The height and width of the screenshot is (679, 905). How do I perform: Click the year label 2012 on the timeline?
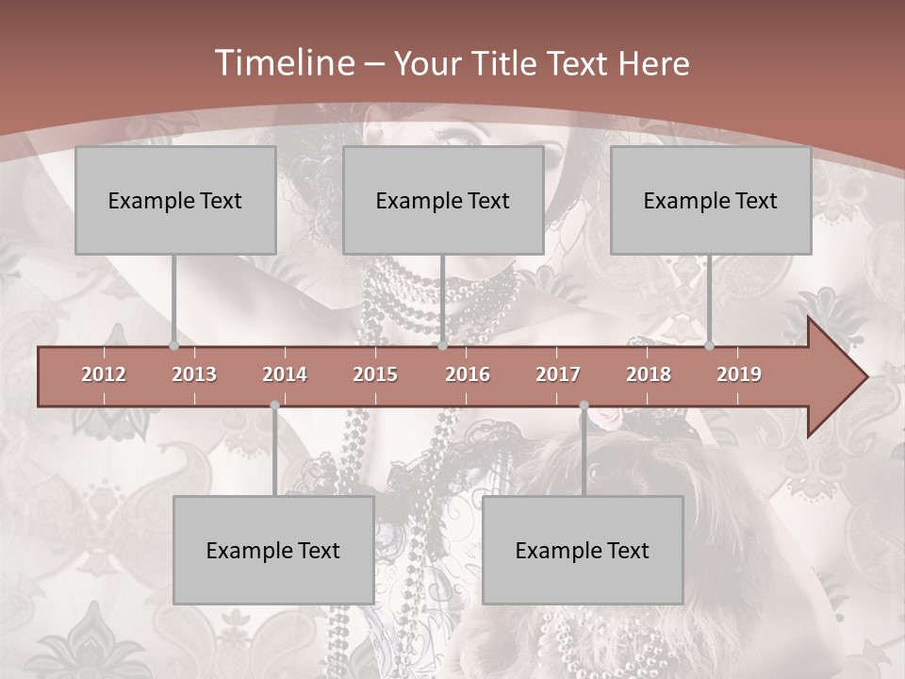coord(104,374)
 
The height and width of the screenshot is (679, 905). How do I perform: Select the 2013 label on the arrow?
coord(194,374)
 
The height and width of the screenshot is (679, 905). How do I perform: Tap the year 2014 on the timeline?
coord(285,374)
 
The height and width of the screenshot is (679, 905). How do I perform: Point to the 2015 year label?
coord(375,374)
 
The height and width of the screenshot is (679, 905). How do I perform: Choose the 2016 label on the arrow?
coord(468,374)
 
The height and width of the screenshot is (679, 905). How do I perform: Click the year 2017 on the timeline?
coord(558,374)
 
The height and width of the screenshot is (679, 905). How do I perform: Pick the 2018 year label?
coord(649,374)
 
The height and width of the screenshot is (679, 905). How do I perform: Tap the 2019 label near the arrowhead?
coord(739,374)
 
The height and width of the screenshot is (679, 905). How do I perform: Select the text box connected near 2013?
coord(175,200)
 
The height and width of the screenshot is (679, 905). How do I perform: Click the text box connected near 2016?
coord(443,200)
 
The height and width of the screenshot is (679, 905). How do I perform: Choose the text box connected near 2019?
coord(711,200)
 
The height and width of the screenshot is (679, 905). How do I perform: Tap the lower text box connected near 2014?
coord(273,550)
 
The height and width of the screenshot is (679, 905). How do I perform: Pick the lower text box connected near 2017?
coord(583,550)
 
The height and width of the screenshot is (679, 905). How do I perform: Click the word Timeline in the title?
coord(283,63)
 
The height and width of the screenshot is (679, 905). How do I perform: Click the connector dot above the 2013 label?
coord(173,346)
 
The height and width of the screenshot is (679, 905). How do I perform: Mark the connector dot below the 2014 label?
coord(274,406)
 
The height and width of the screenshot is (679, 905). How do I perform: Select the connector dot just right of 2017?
coord(584,406)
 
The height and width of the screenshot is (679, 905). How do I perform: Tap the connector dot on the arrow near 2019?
coord(709,346)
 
